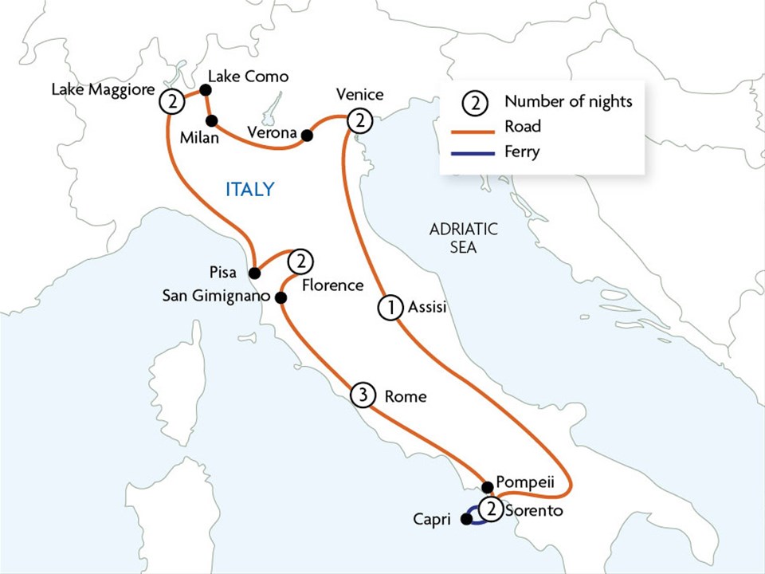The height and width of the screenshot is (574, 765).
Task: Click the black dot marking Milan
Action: [212, 121]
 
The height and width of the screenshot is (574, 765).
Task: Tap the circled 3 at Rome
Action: [362, 395]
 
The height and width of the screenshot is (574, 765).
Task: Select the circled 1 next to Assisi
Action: [390, 308]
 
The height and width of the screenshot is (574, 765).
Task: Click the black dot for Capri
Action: [466, 519]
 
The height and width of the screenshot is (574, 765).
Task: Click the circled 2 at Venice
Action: [360, 120]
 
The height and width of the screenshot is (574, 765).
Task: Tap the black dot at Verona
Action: [307, 135]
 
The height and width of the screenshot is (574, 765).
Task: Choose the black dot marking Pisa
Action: [254, 273]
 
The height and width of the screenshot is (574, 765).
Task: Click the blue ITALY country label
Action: [249, 189]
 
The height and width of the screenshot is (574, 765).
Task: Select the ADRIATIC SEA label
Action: [463, 238]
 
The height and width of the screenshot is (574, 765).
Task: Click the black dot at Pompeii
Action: [487, 486]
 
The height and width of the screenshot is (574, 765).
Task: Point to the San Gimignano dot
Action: [280, 297]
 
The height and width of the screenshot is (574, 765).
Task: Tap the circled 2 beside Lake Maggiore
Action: [171, 101]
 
